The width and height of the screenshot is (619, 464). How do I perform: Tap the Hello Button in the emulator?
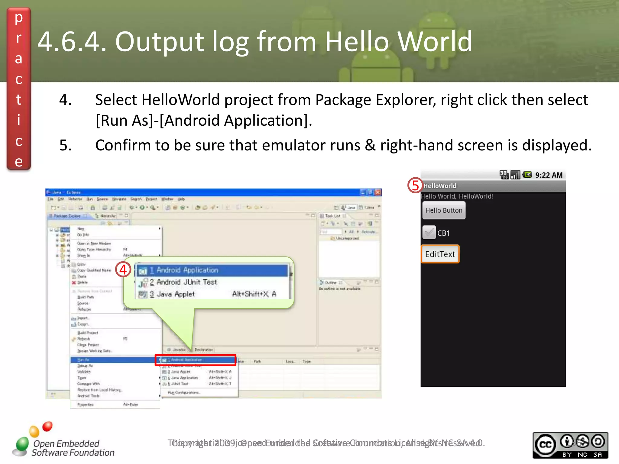443,210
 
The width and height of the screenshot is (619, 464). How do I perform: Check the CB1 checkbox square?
429,232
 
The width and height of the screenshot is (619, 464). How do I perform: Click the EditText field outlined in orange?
440,254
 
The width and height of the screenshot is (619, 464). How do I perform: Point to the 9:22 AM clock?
549,175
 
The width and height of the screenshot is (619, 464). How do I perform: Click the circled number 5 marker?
415,185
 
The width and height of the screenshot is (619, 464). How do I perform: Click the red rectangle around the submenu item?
195,360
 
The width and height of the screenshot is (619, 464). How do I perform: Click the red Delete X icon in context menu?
74,282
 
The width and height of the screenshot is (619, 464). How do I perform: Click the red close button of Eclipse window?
378,192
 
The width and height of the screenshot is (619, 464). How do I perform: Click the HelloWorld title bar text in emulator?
440,186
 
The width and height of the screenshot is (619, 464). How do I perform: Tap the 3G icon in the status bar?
504,174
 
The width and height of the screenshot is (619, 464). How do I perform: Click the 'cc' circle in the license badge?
545,445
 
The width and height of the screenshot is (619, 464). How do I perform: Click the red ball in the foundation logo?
47,426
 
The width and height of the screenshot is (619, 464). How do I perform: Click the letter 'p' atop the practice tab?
19,18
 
